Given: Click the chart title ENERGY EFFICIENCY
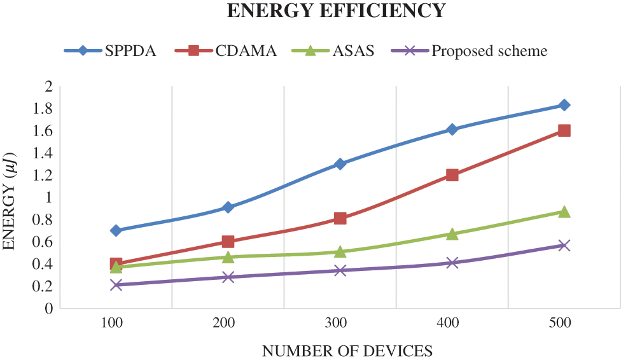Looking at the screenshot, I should click(x=336, y=11).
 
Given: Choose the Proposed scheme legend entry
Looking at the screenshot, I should click(x=489, y=51).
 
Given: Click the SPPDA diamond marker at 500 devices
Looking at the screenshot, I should click(x=564, y=105).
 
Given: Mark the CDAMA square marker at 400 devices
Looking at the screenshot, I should click(x=452, y=175).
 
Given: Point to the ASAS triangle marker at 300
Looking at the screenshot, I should click(x=340, y=252).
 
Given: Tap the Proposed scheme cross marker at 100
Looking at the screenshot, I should click(x=116, y=285).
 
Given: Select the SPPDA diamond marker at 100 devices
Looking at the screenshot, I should click(x=116, y=230).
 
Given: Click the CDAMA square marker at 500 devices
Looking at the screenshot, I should click(x=564, y=130).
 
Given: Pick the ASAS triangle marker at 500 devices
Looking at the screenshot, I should click(x=564, y=212).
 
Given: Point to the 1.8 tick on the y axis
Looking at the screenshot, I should click(x=43, y=109).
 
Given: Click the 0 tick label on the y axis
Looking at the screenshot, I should click(x=48, y=308).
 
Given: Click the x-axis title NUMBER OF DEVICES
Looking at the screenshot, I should click(x=347, y=350).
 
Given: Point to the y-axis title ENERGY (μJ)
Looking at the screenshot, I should click(x=11, y=198).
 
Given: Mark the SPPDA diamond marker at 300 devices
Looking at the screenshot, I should click(x=340, y=164).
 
